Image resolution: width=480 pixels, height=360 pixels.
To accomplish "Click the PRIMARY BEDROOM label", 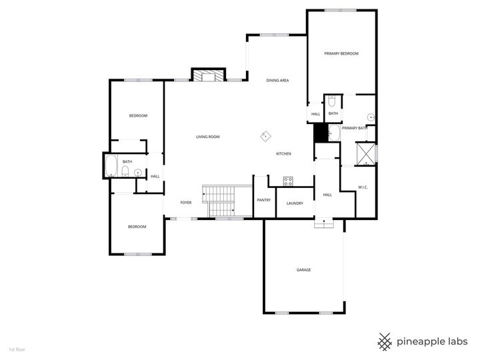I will point(341,53).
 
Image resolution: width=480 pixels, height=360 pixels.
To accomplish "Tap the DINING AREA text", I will point(277,81).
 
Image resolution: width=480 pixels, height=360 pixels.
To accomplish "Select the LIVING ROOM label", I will point(207,137).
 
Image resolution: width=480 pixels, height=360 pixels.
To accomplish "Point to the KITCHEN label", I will point(284,154).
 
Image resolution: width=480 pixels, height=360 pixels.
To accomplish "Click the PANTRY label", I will point(263,200).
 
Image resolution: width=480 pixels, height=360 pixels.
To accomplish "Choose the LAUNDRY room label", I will point(295,203).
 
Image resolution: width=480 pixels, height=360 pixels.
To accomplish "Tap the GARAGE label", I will point(304,270).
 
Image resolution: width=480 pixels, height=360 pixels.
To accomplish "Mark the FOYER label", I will point(186,203).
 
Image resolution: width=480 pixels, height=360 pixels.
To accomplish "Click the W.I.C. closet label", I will point(363,187).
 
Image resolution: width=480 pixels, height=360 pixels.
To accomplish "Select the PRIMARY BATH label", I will point(355,128).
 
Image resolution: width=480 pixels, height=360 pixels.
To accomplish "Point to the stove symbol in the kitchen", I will point(289,180).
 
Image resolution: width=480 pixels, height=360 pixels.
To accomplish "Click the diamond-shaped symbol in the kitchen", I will point(265,137).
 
